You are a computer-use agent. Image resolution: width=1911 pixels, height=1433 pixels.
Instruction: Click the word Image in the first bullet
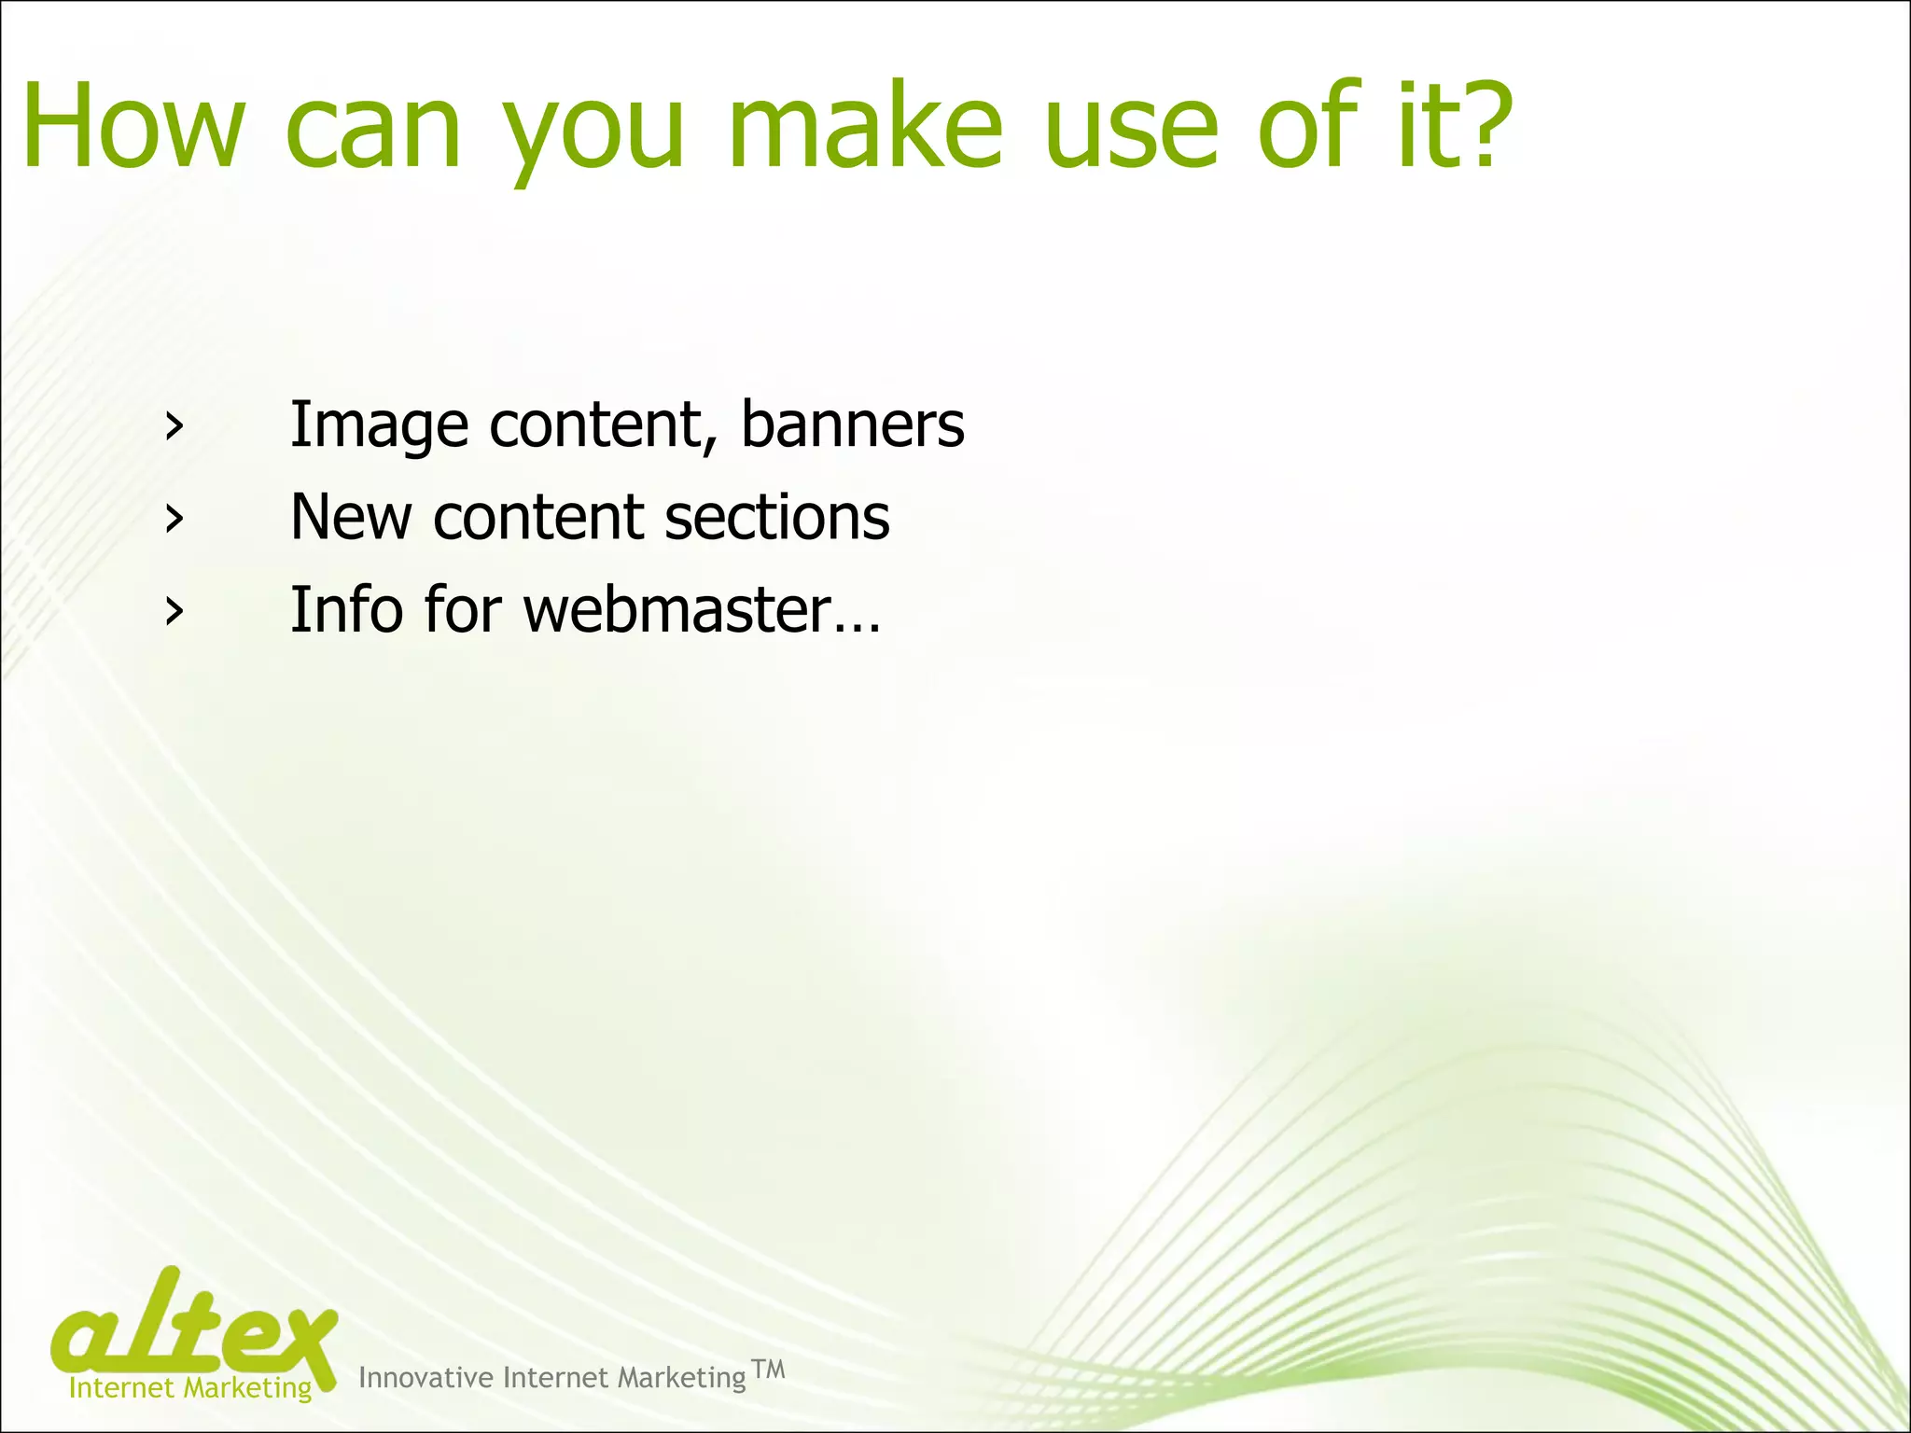379,425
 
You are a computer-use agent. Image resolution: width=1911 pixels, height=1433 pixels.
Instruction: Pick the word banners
852,425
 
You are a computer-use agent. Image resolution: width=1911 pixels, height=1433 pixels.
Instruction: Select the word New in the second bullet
350,517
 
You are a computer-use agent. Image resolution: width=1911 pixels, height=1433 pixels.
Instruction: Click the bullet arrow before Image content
173,426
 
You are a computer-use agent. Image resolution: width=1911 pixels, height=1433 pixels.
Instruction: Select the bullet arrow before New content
173,519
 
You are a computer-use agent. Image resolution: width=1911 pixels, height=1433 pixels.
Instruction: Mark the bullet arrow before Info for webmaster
173,611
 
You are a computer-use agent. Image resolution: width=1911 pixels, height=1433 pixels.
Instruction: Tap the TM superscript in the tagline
768,1370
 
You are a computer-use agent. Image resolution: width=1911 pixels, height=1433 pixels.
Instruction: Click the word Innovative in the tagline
425,1377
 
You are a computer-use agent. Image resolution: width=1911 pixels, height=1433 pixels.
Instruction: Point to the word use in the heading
1130,129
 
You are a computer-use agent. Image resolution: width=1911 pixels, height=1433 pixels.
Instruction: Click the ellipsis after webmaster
858,627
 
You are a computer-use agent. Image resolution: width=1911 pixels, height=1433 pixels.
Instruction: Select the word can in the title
373,129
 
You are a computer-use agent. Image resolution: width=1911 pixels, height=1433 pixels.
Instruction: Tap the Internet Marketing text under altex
190,1387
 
